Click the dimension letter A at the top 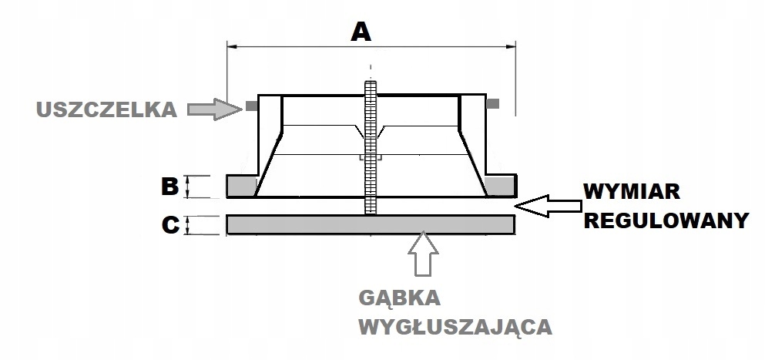tap(360, 32)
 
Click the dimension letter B tap(170, 187)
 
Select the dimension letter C tap(170, 225)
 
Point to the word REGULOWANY tap(666, 221)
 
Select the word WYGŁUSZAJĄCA tap(455, 327)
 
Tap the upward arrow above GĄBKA tap(424, 254)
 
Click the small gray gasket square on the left tap(250, 104)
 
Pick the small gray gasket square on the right tap(493, 103)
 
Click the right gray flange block tap(502, 186)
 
